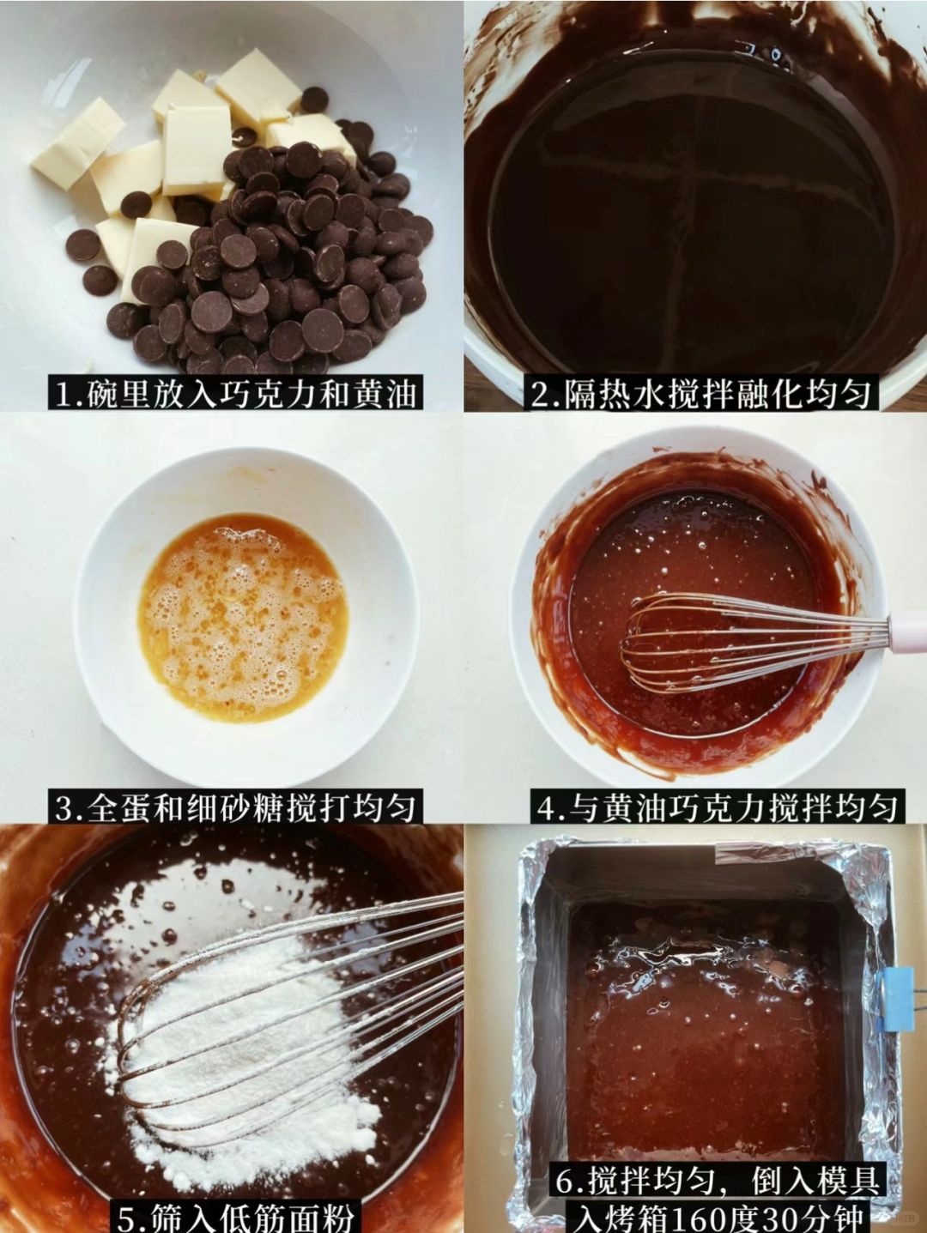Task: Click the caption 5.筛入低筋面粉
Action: pos(235,1216)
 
